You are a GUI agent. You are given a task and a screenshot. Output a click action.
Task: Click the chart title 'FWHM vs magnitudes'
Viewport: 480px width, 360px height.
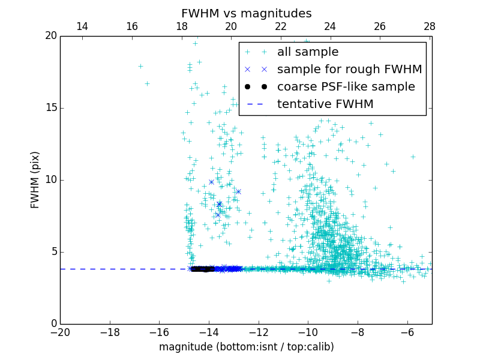(x=246, y=13)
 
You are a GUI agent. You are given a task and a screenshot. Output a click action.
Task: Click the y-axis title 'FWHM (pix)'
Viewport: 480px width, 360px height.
(x=35, y=179)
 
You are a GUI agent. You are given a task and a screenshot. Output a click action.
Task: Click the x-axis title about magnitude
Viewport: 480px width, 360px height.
(x=246, y=347)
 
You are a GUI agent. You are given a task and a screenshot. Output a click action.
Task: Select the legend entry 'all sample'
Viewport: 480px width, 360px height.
(x=307, y=52)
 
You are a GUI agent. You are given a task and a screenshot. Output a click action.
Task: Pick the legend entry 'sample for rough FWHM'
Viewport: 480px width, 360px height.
(x=349, y=70)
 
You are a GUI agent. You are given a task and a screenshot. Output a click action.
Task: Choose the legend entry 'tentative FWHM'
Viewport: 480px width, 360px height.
(x=325, y=104)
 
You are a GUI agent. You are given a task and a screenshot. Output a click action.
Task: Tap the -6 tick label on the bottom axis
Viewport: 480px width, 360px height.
(x=407, y=332)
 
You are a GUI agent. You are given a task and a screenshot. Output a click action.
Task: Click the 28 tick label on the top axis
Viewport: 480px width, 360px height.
(x=430, y=26)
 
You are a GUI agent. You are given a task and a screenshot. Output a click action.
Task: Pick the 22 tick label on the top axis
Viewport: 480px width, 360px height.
(x=281, y=26)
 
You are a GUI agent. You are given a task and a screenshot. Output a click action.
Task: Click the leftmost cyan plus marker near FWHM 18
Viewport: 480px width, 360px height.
(x=140, y=66)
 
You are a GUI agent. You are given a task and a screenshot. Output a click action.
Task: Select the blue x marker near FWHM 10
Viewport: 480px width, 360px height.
(x=211, y=182)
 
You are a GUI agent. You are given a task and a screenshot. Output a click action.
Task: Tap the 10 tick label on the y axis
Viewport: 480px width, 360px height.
(x=50, y=180)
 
